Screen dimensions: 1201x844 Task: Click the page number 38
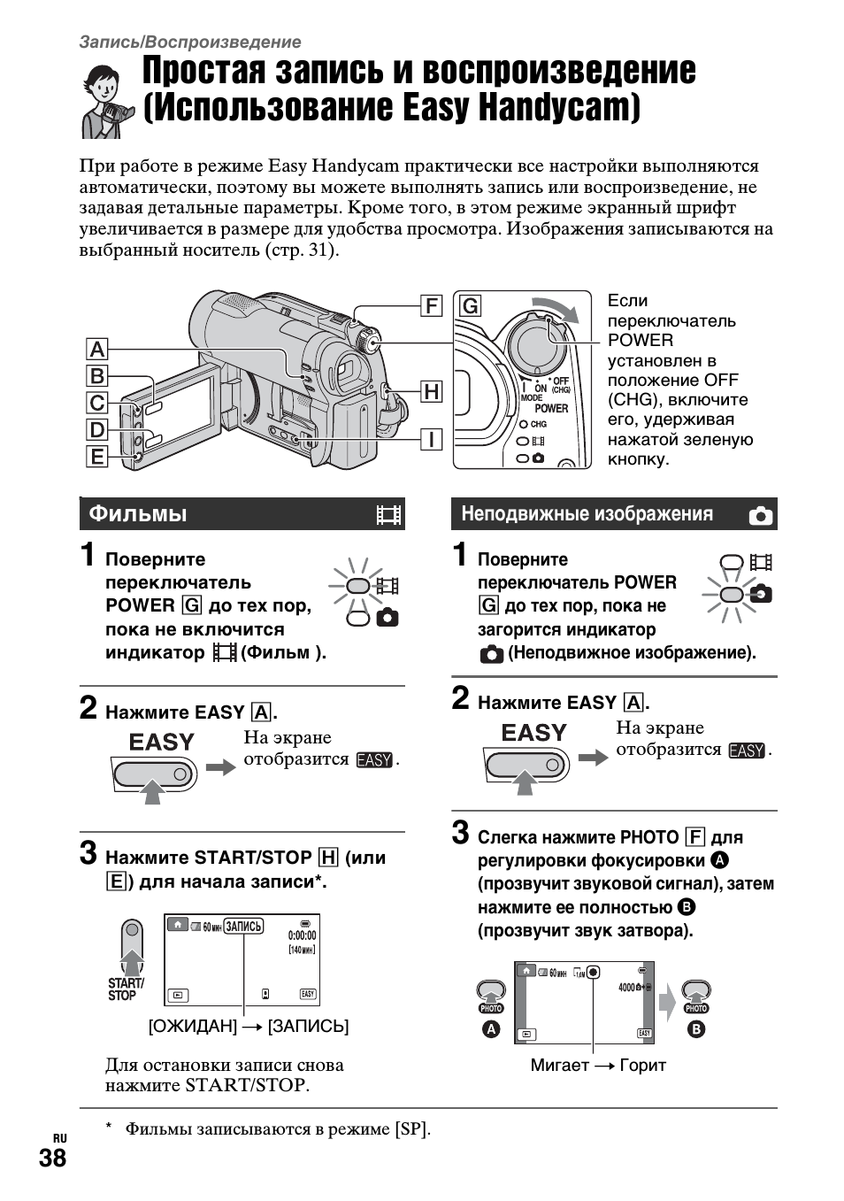52,1159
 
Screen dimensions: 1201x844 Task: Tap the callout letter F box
431,306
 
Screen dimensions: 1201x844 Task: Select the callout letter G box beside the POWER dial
471,306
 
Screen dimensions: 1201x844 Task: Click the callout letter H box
431,391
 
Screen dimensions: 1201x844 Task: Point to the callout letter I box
431,438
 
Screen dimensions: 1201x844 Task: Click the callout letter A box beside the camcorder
96,349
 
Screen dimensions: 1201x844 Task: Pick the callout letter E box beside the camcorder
96,457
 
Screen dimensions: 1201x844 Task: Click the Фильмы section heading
138,514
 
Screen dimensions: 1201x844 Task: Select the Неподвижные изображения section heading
587,514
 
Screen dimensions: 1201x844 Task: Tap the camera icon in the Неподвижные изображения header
760,516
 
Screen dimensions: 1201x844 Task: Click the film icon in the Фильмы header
388,514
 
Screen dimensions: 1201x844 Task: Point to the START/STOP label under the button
126,989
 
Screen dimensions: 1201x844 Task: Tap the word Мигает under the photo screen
559,1065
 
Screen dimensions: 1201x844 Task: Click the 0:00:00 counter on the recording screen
302,935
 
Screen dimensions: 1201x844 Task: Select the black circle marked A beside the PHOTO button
491,1029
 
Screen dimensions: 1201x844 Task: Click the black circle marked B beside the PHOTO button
696,1029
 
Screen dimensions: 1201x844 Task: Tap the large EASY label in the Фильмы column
161,742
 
